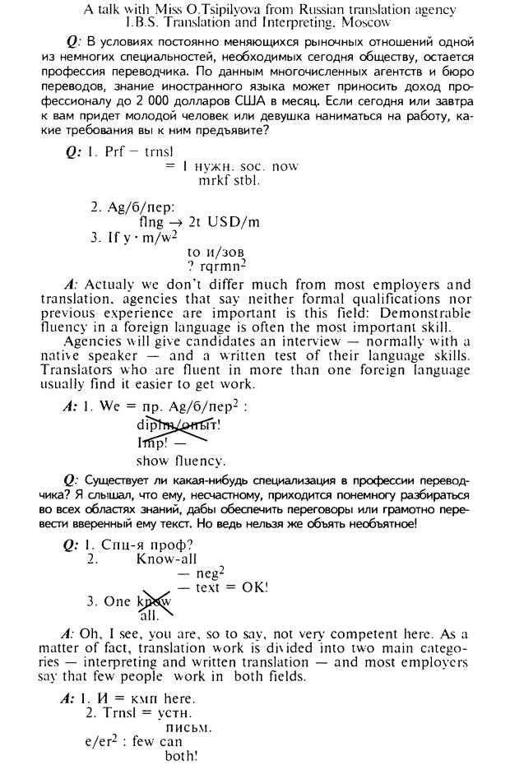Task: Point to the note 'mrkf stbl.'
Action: tap(229, 180)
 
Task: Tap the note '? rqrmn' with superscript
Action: tap(217, 266)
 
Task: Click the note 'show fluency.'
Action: tap(181, 461)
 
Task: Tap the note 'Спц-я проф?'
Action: tap(146, 545)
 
